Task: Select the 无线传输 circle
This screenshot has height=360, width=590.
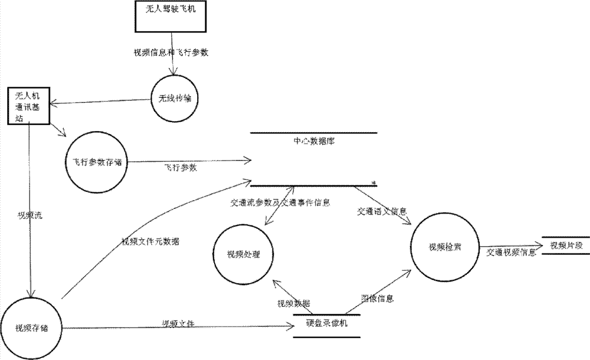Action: [173, 98]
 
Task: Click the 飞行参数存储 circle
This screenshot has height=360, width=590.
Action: [94, 162]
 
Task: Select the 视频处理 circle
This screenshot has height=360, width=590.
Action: [243, 254]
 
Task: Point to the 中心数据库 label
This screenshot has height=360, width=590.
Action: [313, 142]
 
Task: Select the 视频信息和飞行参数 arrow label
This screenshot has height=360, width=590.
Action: [172, 53]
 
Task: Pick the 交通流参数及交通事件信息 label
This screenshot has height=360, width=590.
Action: [279, 202]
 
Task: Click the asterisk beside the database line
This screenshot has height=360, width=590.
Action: [374, 183]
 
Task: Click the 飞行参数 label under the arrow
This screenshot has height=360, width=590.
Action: [181, 168]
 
